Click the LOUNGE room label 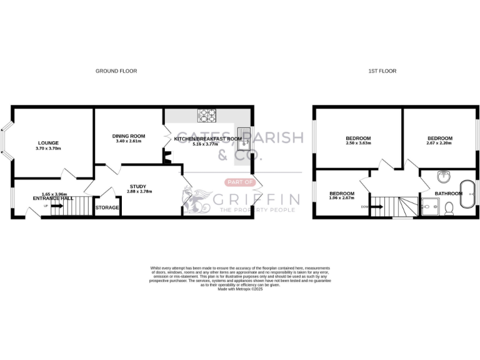click(47, 143)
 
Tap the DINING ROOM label click(129, 136)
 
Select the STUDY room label click(137, 186)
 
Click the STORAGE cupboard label click(107, 207)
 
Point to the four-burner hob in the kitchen click(207, 115)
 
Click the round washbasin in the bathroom click(444, 176)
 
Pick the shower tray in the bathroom click(430, 207)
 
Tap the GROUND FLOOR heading click(116, 71)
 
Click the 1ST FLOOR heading click(382, 71)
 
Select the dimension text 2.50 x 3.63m click(358, 143)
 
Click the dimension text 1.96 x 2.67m click(342, 199)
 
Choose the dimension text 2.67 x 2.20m click(439, 143)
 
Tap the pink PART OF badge click(239, 182)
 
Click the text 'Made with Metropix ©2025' click(240, 289)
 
